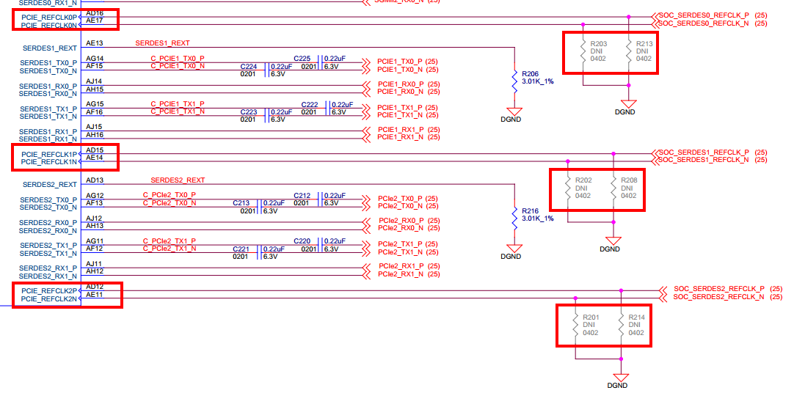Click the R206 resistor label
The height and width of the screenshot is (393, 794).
coord(530,74)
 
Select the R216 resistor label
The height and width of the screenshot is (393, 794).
coord(530,211)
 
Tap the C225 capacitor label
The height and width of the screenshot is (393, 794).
coord(302,59)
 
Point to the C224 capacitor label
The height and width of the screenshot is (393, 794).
coord(250,66)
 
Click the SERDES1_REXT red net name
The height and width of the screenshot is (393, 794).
coord(163,43)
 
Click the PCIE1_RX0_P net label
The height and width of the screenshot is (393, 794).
coord(401,84)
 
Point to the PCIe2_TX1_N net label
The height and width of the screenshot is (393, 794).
coord(401,252)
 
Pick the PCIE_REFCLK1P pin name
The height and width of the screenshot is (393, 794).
coord(48,154)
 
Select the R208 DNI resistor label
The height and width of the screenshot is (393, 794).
coord(629,180)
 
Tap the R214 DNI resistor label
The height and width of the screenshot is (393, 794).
coord(636,317)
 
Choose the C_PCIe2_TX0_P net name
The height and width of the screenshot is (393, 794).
coord(169,195)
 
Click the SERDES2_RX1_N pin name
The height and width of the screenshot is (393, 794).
coord(48,276)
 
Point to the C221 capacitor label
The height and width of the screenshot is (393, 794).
coord(241,249)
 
